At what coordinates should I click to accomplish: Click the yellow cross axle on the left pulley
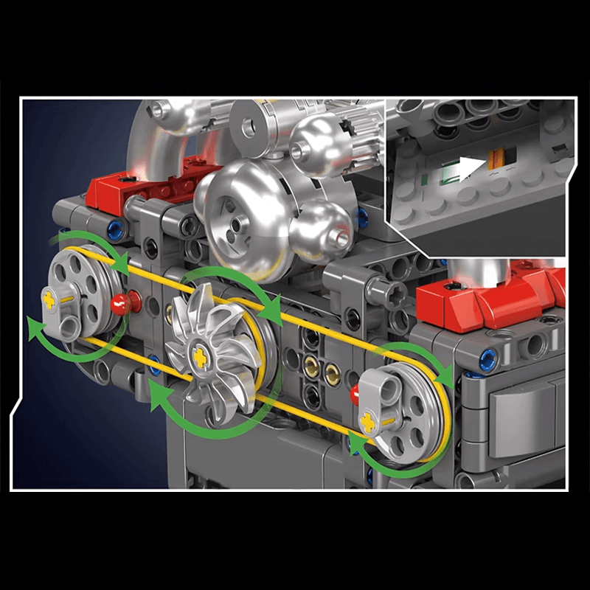(x=51, y=299)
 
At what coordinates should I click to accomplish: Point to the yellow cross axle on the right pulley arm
(x=368, y=422)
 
